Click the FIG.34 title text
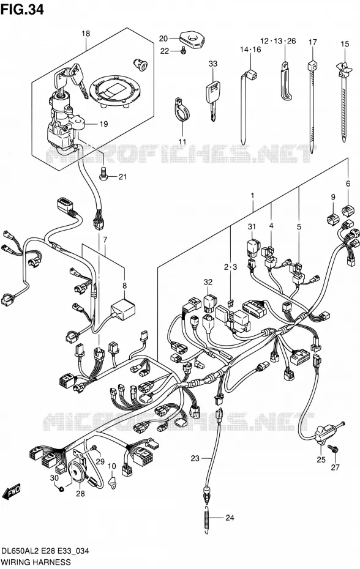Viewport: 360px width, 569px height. click(x=22, y=9)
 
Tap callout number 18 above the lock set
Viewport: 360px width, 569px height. click(x=85, y=34)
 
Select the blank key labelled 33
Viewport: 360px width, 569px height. click(x=212, y=99)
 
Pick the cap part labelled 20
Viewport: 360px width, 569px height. click(x=192, y=39)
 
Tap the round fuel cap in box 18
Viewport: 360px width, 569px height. click(x=114, y=90)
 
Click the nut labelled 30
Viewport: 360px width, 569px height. click(x=61, y=489)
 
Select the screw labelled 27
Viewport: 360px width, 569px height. click(x=334, y=449)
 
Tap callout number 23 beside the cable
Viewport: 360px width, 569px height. click(x=195, y=458)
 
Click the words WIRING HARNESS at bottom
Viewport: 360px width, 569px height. click(x=36, y=562)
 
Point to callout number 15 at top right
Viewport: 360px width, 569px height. click(x=345, y=44)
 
